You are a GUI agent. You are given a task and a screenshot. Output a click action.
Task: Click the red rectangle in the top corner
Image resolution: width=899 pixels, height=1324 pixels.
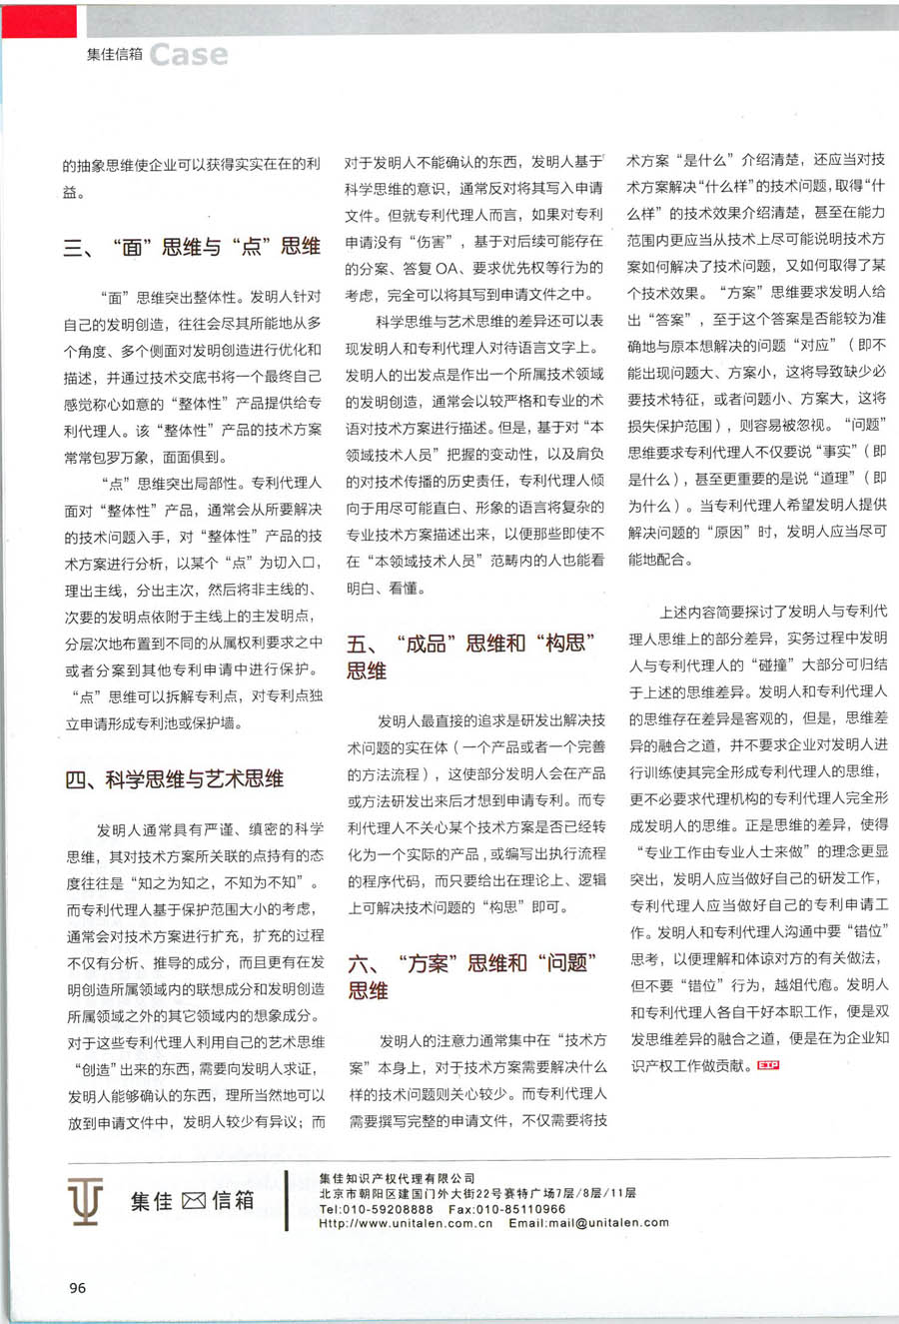[38, 20]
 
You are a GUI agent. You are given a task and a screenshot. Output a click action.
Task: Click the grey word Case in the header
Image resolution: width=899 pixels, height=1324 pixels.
[189, 55]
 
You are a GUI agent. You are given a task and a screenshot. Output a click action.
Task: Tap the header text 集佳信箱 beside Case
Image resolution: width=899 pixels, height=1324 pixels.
[114, 55]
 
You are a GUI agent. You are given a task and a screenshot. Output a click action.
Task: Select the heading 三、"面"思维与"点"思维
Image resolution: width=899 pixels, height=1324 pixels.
[192, 247]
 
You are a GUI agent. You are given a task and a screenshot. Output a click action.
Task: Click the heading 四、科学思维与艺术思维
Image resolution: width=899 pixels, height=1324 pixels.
[175, 778]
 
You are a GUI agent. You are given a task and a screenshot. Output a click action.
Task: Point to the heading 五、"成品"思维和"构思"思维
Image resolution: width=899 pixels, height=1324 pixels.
[471, 657]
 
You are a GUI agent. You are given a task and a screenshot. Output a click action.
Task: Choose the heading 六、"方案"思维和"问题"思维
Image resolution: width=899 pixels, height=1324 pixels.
[472, 976]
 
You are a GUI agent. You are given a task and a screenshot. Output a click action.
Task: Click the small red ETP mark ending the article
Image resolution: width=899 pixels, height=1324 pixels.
[768, 1065]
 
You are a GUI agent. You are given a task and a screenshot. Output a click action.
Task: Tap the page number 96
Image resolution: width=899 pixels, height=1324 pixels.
[78, 1287]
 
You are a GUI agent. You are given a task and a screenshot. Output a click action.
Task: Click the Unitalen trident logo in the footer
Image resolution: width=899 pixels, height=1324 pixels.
[86, 1200]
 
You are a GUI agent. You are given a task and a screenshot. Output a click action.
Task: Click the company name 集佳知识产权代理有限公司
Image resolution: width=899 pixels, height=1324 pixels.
[398, 1179]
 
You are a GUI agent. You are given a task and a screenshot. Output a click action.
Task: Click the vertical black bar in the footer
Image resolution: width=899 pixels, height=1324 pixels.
[287, 1200]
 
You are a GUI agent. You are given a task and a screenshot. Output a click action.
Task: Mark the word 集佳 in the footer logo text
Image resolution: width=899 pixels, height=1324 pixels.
[152, 1201]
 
